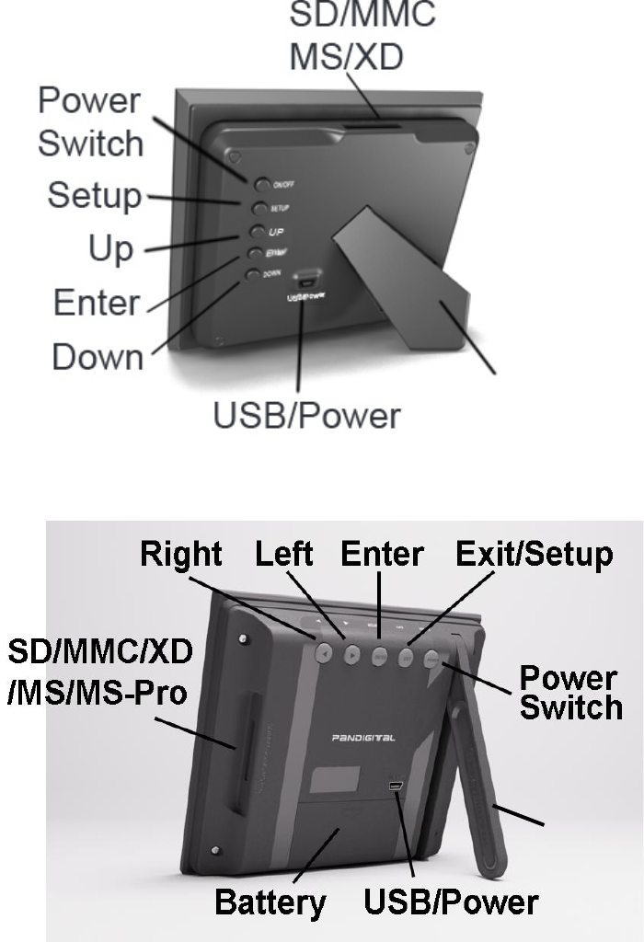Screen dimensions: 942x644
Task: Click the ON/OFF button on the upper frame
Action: tap(262, 184)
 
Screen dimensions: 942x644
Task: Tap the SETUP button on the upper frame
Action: tap(259, 208)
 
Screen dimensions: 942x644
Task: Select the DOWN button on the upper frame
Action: tap(253, 274)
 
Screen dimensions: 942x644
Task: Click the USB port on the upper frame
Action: tap(305, 279)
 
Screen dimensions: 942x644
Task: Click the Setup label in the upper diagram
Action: tap(95, 195)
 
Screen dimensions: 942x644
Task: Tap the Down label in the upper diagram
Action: tap(98, 357)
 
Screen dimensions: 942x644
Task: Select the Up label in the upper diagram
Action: tap(110, 248)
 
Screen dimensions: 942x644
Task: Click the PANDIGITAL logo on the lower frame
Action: tap(364, 738)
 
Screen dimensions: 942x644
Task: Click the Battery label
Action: tap(270, 902)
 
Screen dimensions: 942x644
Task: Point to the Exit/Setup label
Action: tap(535, 554)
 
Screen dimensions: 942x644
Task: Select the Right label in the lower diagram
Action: tap(181, 554)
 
